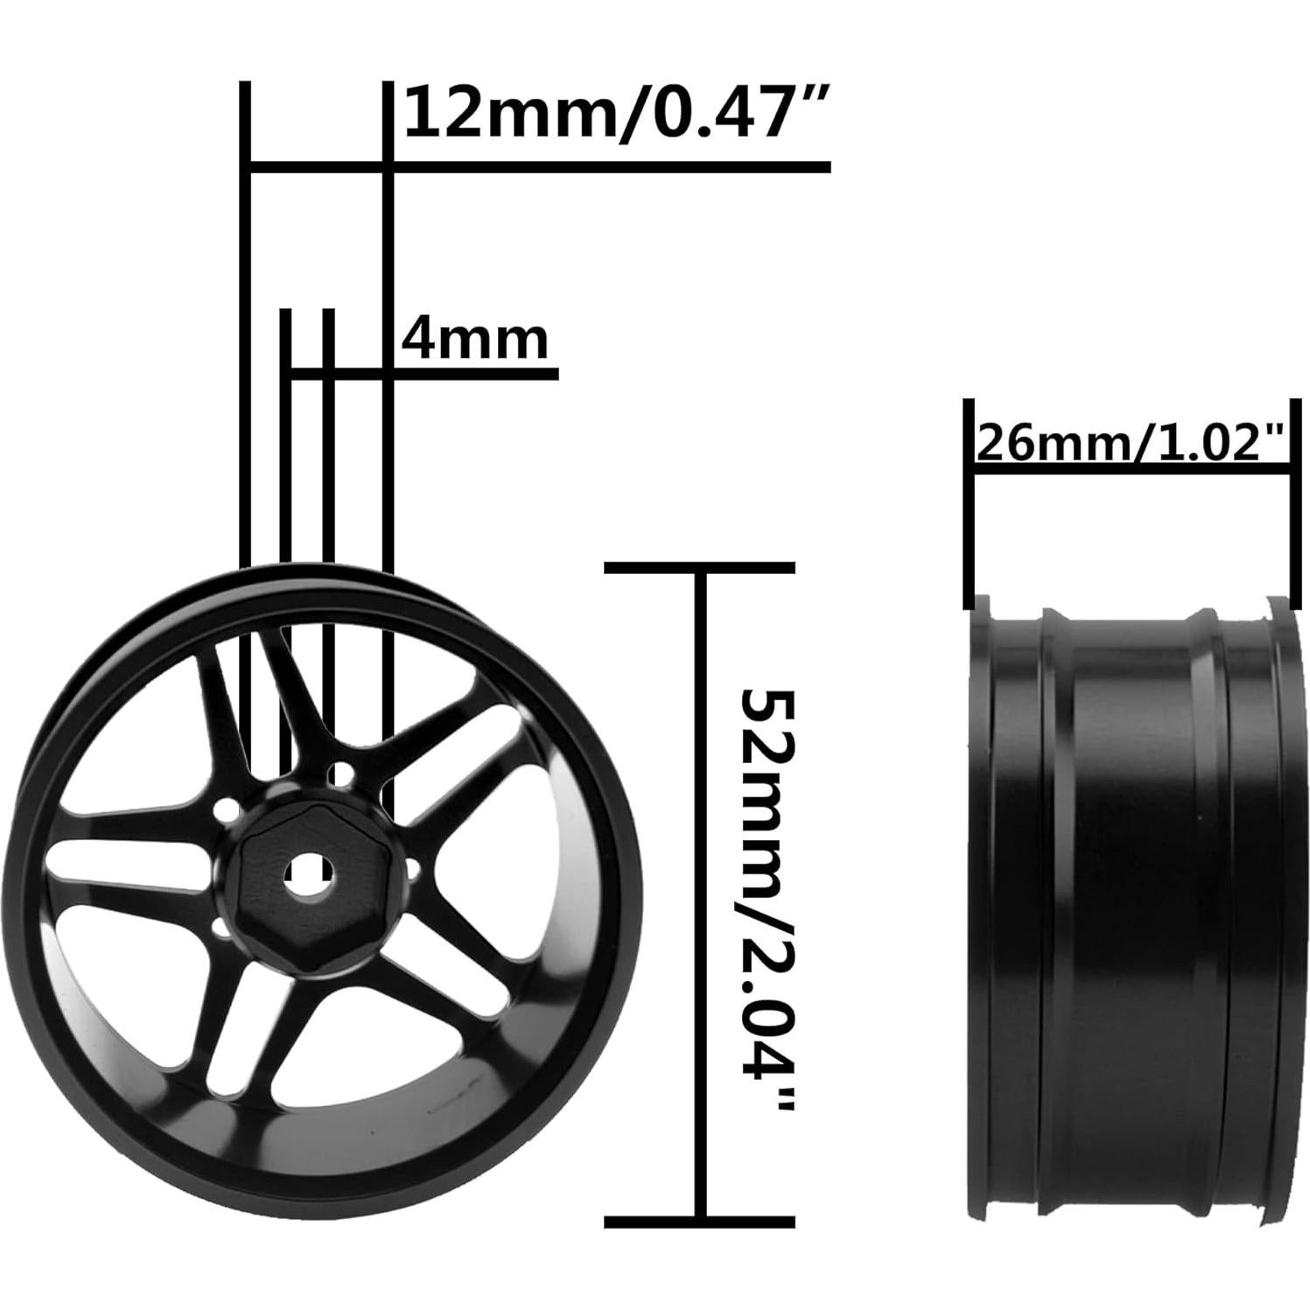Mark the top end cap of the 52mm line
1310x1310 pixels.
click(700, 567)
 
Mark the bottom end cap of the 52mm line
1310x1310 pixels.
click(700, 1221)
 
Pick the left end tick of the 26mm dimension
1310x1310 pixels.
click(969, 503)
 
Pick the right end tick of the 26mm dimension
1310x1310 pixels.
click(1290, 503)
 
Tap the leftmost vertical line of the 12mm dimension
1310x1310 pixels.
click(245, 350)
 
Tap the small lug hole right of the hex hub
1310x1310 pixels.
click(412, 870)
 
